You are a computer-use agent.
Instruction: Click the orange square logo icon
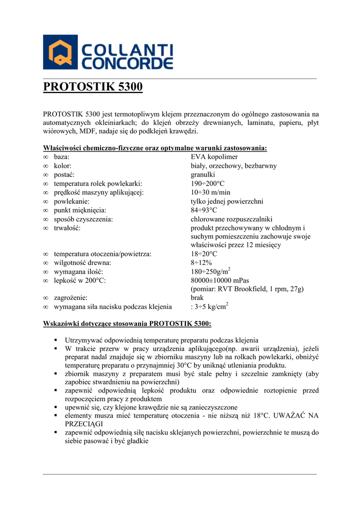[x=60, y=52]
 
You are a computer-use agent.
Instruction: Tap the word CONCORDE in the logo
[x=126, y=63]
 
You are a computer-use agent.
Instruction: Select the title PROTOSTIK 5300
[x=93, y=87]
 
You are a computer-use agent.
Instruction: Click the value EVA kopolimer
[x=214, y=157]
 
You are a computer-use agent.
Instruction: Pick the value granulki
[x=203, y=174]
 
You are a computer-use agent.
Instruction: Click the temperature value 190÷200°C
[x=207, y=183]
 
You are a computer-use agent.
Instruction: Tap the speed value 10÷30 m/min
[x=210, y=192]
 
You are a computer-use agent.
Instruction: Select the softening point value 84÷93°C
[x=204, y=210]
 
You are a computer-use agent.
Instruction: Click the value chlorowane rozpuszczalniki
[x=231, y=219]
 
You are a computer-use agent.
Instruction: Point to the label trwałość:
[x=67, y=227]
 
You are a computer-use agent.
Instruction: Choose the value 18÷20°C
[x=204, y=254]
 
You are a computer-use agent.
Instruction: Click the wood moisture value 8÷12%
[x=201, y=262]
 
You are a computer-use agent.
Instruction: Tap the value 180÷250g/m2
[x=210, y=271]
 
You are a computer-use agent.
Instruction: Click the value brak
[x=197, y=297]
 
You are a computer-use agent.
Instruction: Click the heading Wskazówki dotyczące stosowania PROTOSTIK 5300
[x=127, y=323]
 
